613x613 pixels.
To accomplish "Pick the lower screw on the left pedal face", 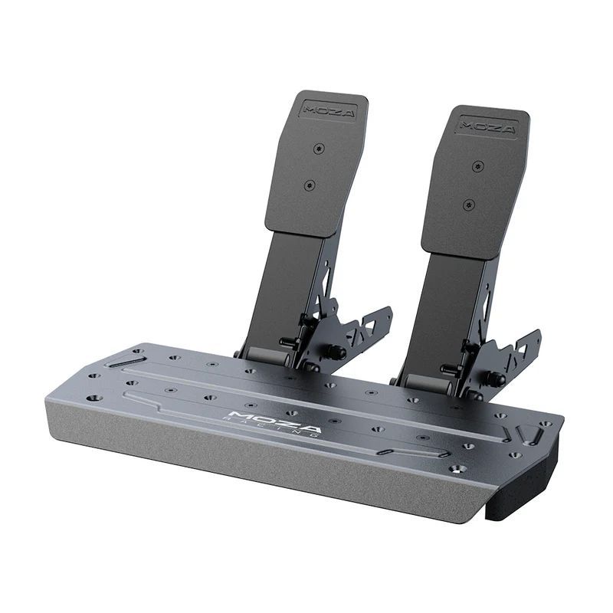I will pos(310,185).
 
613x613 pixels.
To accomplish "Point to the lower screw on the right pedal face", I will pos(468,205).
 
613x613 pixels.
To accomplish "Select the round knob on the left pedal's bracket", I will pos(336,352).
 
